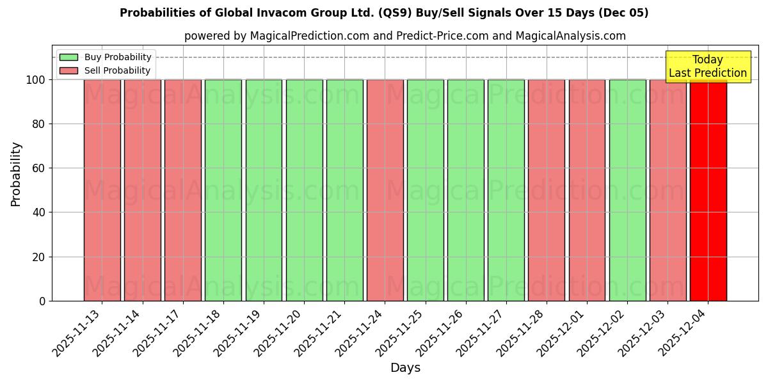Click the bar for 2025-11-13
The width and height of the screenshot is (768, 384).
(102, 190)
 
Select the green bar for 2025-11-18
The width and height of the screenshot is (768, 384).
(223, 190)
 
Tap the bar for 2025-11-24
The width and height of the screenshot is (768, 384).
(385, 190)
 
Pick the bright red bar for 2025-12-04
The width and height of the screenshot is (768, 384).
(708, 190)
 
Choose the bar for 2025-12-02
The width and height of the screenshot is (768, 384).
(627, 190)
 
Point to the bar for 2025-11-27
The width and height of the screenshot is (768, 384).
(506, 190)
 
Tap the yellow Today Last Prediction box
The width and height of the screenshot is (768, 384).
(707, 67)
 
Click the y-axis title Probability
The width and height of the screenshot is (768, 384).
(16, 173)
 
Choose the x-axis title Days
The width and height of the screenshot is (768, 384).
(405, 368)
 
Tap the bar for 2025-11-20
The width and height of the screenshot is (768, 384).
(304, 190)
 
